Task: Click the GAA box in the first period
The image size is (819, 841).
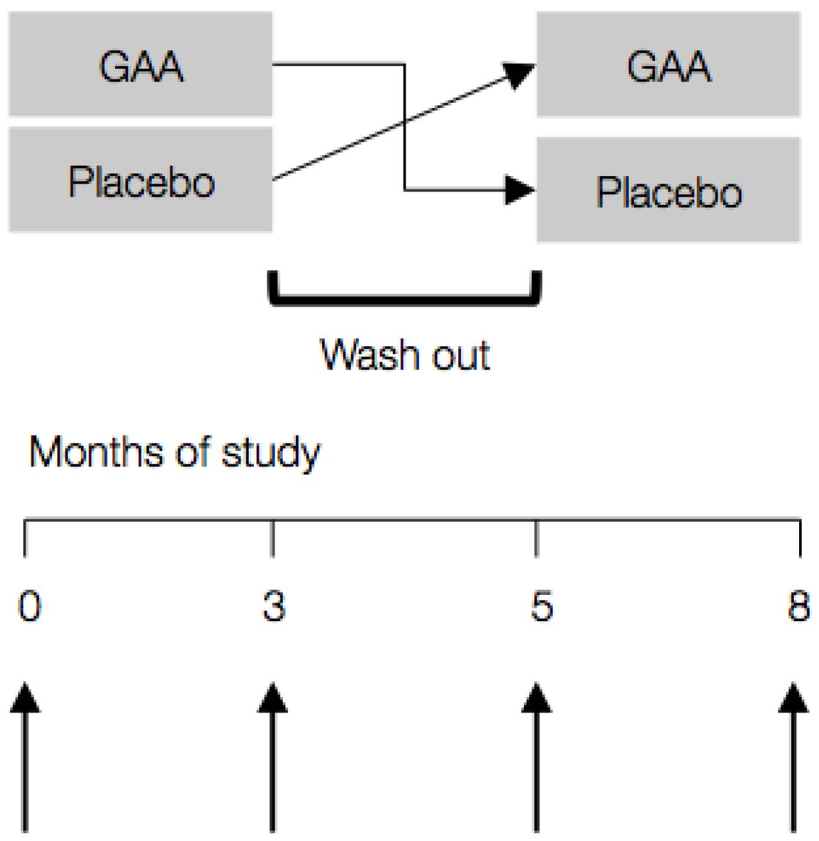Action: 140,64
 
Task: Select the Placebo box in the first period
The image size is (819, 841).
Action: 140,180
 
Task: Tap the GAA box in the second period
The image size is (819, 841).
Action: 669,64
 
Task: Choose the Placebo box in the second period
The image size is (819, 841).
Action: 669,190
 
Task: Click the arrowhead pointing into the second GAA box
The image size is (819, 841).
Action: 519,74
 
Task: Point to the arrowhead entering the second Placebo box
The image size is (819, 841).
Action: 519,190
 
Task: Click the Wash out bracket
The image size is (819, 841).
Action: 405,298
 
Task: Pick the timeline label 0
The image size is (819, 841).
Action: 30,606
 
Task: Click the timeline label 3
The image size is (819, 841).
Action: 274,606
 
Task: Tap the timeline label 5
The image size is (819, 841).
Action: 541,606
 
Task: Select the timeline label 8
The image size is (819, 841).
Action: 798,606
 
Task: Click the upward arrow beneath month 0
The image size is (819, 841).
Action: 25,758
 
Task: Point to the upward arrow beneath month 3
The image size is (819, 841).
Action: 273,758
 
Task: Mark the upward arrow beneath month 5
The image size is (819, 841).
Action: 536,758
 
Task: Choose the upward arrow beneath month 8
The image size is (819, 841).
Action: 794,758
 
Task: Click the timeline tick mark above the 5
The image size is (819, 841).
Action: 536,538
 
